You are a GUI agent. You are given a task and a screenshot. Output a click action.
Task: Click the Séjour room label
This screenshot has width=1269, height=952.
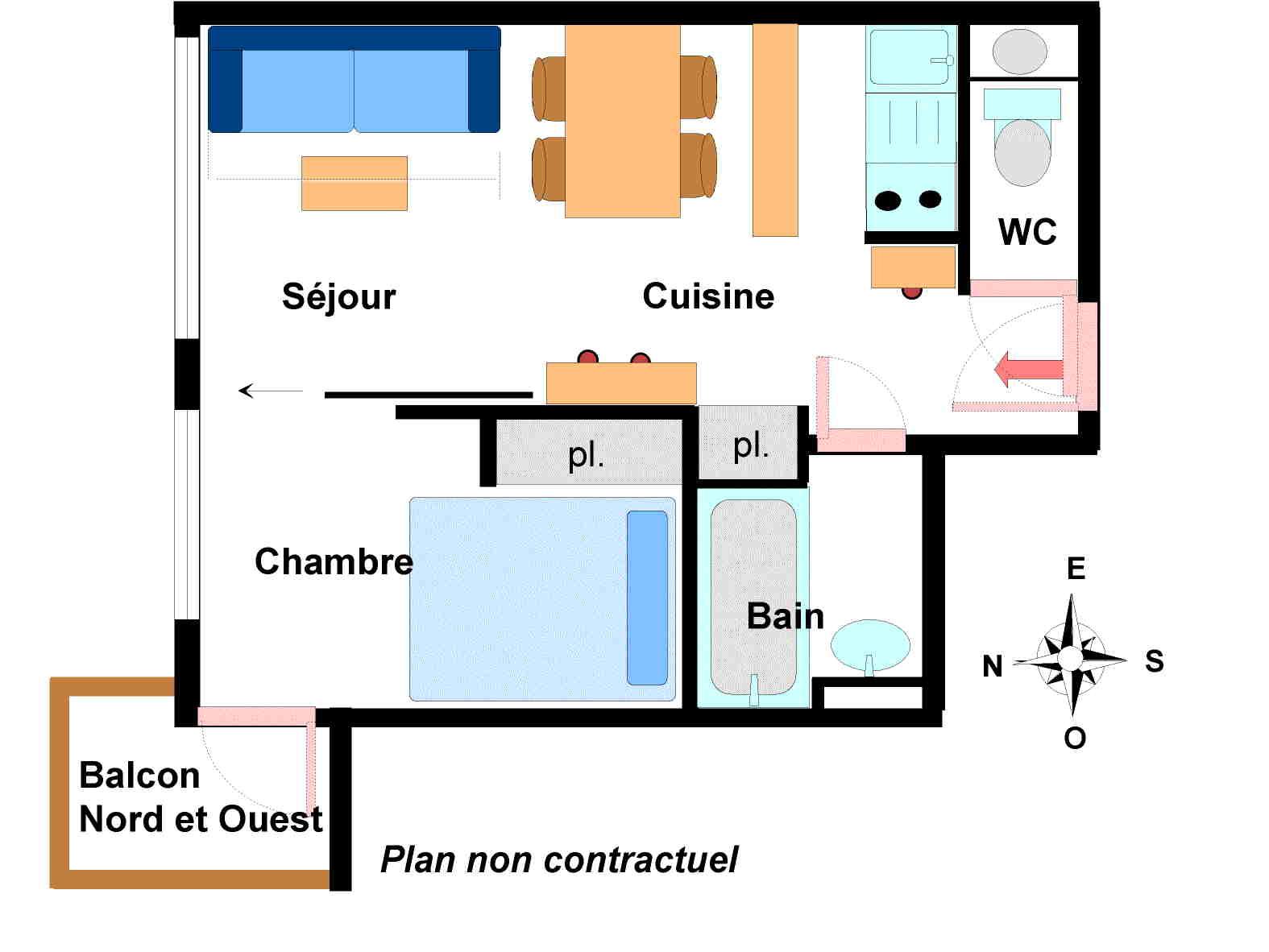pos(338,296)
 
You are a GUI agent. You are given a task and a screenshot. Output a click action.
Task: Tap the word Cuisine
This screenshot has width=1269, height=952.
pos(708,296)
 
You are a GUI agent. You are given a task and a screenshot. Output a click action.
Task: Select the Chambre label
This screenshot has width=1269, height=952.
pos(334,561)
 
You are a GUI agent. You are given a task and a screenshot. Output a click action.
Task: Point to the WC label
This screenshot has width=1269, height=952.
pos(1027,232)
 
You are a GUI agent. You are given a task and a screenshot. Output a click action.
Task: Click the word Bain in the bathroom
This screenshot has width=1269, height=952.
pos(786,616)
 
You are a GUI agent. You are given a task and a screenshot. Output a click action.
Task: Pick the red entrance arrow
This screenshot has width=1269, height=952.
pos(1028,370)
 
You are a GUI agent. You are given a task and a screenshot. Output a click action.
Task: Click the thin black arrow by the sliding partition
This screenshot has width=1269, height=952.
pos(270,391)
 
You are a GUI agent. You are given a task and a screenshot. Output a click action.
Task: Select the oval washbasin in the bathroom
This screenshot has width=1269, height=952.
pos(870,644)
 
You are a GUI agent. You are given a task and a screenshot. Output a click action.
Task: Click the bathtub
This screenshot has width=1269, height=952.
pos(753,596)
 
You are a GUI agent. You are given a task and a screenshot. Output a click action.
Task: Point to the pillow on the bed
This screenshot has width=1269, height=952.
pos(647,597)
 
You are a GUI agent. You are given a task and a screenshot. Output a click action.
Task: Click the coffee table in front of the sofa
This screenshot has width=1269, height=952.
pos(355,183)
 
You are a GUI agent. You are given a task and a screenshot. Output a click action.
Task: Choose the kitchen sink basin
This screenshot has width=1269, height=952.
pos(908,57)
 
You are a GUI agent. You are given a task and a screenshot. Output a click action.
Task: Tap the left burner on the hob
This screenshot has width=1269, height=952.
pos(888,200)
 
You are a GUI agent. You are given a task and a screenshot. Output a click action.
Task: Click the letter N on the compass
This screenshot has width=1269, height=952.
pos(993,666)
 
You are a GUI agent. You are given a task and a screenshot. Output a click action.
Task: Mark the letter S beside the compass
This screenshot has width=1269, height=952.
pos(1154,661)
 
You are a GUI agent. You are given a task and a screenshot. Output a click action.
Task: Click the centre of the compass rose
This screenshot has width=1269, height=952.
pos(1070,658)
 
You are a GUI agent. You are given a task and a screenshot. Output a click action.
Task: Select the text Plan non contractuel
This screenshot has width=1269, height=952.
pos(558,859)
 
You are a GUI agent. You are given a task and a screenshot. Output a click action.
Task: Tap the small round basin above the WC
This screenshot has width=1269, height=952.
pos(1019,52)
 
